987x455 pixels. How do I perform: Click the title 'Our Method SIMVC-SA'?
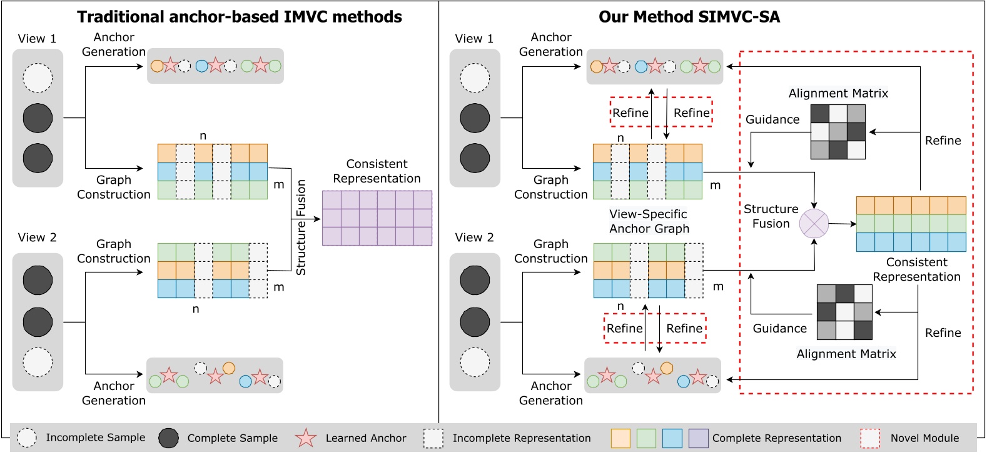pyautogui.click(x=689, y=17)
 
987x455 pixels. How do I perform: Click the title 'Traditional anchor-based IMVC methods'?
pyautogui.click(x=240, y=17)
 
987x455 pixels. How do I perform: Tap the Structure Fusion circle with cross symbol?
pyautogui.click(x=814, y=223)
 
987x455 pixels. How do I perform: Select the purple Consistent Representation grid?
pyautogui.click(x=377, y=218)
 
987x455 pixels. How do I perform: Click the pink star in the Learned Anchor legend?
pyautogui.click(x=306, y=438)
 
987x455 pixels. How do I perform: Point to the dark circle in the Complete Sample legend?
pyautogui.click(x=168, y=438)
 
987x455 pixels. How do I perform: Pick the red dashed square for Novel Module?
pyautogui.click(x=870, y=438)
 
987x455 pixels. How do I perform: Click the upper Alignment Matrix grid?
pyautogui.click(x=838, y=132)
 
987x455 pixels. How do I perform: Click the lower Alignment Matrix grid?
pyautogui.click(x=844, y=312)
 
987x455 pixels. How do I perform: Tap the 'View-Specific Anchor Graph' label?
pyautogui.click(x=649, y=221)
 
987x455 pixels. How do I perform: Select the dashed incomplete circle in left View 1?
pyautogui.click(x=38, y=78)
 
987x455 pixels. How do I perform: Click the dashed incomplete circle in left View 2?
pyautogui.click(x=38, y=362)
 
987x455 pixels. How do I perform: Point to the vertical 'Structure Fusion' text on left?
pyautogui.click(x=301, y=227)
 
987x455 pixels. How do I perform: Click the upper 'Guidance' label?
pyautogui.click(x=772, y=119)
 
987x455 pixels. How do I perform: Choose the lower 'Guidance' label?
pyautogui.click(x=779, y=328)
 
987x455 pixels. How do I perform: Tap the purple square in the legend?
pyautogui.click(x=698, y=438)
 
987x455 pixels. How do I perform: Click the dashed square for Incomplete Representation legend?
pyautogui.click(x=433, y=438)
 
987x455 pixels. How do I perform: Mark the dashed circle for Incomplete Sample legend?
pyautogui.click(x=27, y=438)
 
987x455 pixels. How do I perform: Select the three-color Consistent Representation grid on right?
pyautogui.click(x=911, y=224)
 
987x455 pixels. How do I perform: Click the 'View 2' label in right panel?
pyautogui.click(x=474, y=237)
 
